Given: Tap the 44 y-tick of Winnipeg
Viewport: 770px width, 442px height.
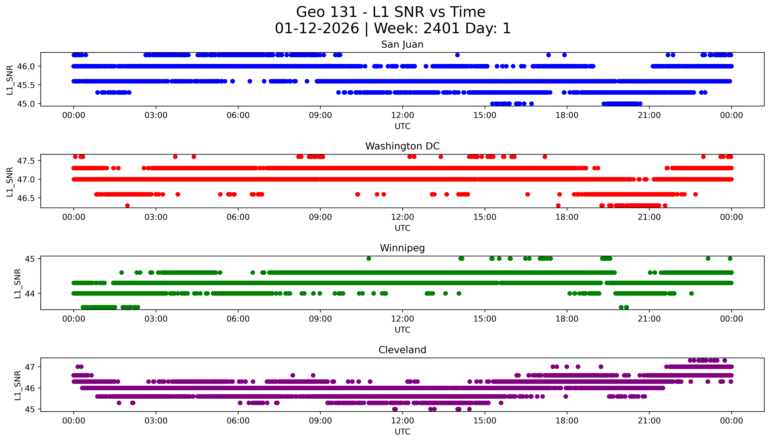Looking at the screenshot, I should pos(30,294).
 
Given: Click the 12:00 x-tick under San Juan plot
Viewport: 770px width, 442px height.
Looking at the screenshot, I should pos(402,115).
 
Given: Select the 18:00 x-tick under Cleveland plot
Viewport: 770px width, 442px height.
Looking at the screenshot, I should pos(567,421).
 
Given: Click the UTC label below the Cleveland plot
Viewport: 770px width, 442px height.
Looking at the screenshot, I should pos(402,431).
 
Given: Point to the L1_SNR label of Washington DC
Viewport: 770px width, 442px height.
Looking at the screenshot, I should pos(10,182).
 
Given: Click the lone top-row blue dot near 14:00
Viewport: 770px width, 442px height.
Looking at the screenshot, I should pos(457,55).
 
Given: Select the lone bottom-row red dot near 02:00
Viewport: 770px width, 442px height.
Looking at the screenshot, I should pos(127,205).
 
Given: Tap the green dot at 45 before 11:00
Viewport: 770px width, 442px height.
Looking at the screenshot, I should pos(369,259).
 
